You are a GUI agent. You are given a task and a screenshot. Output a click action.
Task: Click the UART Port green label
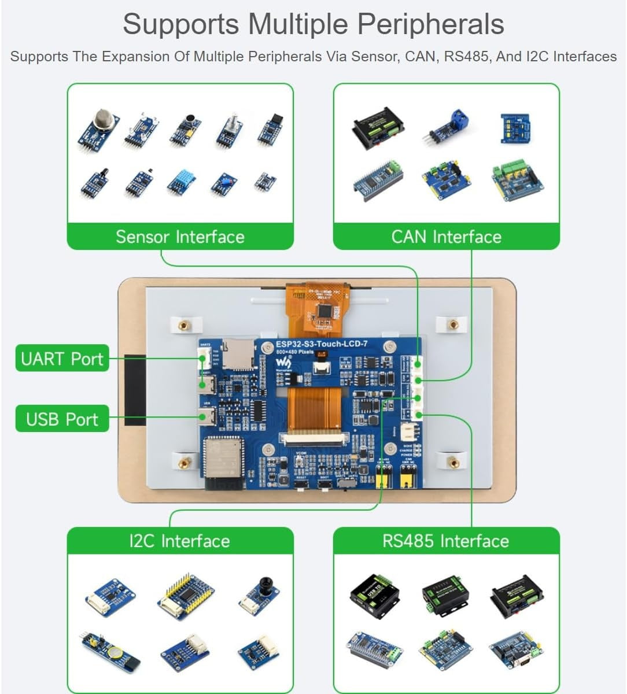click(x=62, y=359)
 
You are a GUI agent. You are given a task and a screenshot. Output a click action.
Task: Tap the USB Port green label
click(x=62, y=419)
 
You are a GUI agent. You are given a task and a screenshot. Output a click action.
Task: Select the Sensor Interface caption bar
click(x=180, y=237)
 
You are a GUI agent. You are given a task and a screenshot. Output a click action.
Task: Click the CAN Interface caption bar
click(x=446, y=237)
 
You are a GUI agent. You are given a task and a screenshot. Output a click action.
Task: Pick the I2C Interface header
click(x=180, y=541)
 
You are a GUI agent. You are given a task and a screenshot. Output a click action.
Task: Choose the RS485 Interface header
click(x=446, y=541)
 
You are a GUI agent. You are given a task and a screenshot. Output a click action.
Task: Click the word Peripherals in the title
click(x=430, y=24)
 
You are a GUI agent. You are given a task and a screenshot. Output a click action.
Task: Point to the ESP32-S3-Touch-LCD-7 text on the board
click(x=321, y=344)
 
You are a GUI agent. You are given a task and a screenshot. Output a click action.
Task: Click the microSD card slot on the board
click(x=237, y=355)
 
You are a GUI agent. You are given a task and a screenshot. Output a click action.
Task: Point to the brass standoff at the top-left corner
click(x=184, y=325)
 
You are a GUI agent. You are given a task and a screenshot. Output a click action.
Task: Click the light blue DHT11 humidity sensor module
click(x=180, y=182)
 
